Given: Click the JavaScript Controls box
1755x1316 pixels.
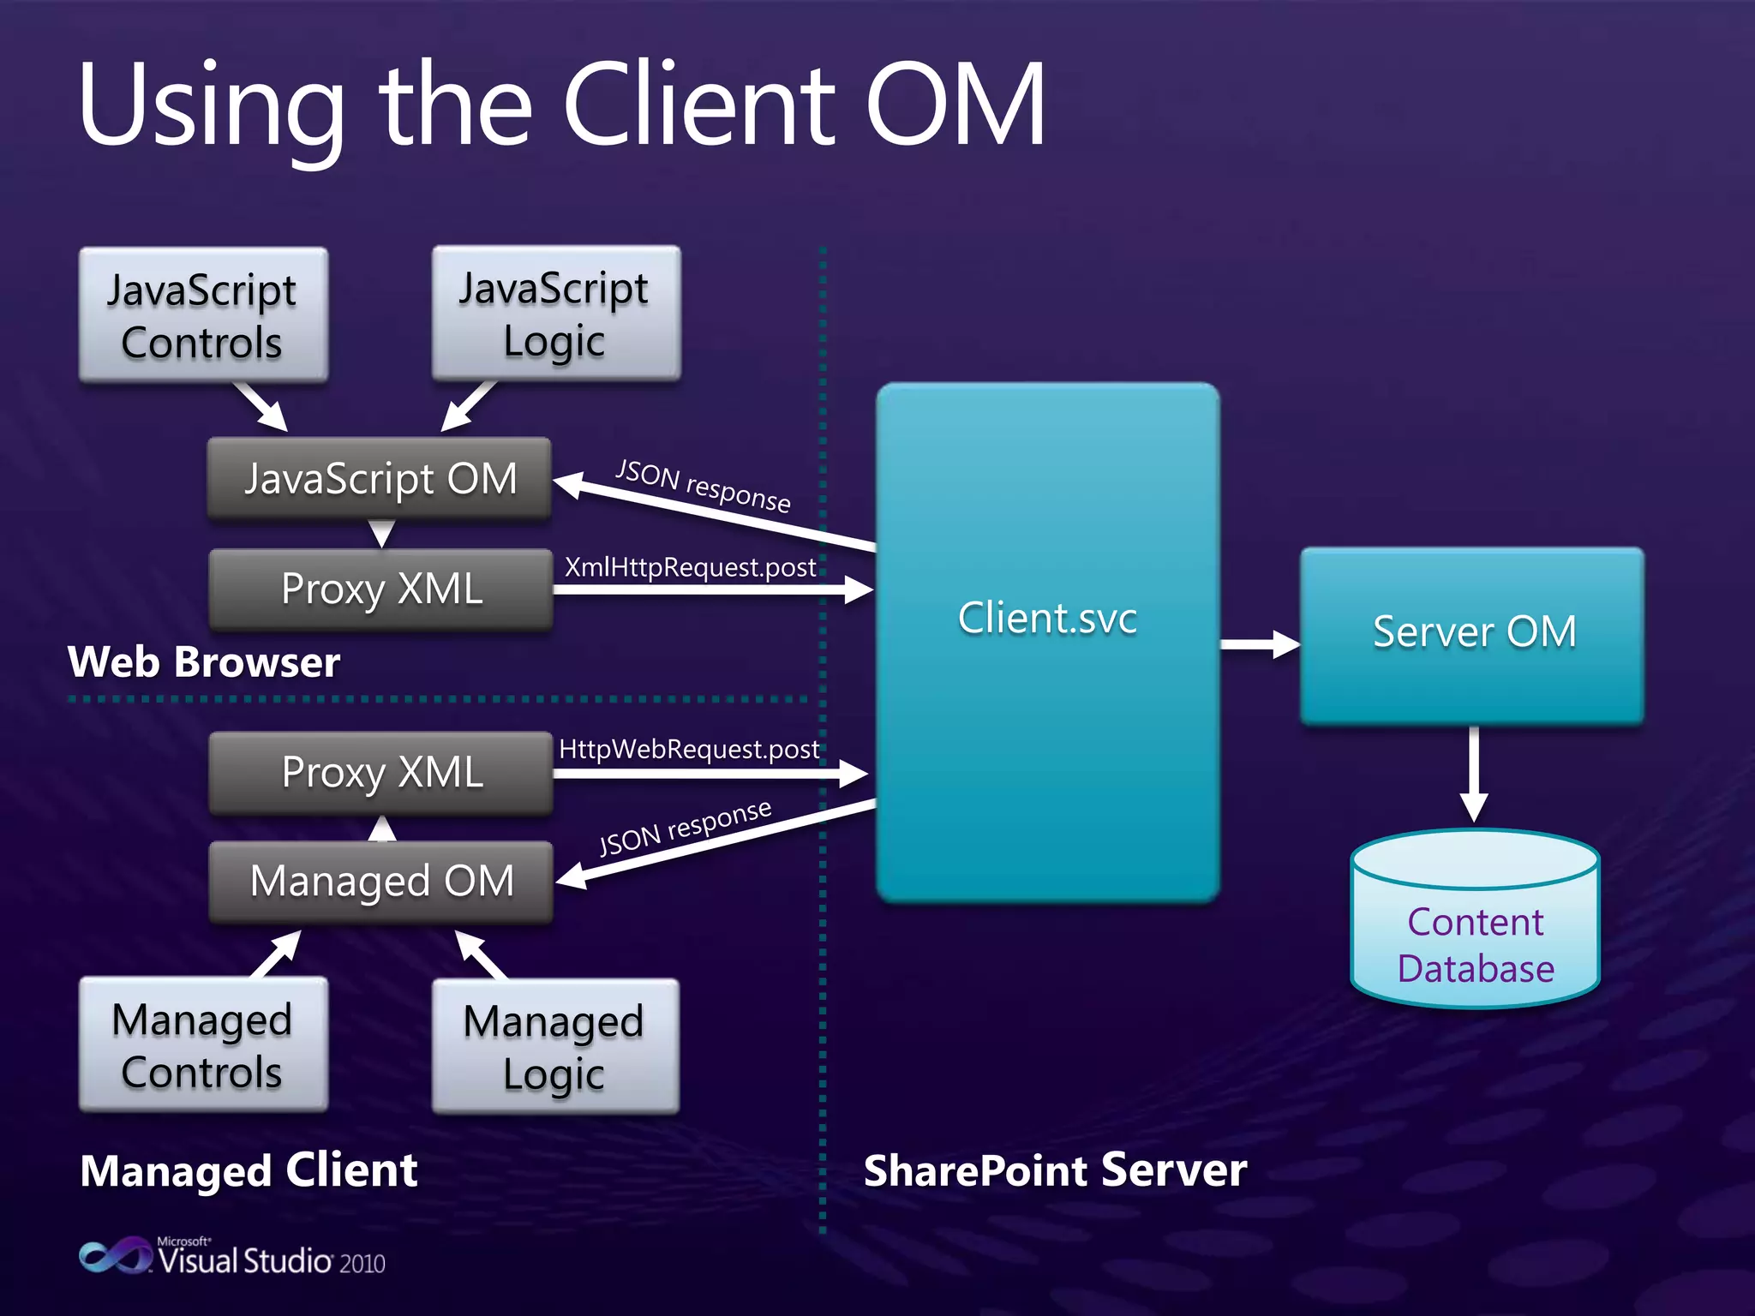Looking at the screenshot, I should [x=203, y=314].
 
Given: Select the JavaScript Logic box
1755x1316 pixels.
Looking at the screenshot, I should [x=556, y=313].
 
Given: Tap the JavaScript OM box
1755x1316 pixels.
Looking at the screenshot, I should [x=380, y=478].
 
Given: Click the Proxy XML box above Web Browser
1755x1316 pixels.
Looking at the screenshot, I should [x=381, y=589].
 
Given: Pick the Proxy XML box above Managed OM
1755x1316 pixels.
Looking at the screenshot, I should [x=381, y=772].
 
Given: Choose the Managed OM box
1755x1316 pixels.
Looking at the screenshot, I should [x=381, y=882].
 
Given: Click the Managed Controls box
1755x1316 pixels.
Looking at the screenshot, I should [x=203, y=1044].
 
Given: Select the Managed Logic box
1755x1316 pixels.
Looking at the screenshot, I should [x=555, y=1046].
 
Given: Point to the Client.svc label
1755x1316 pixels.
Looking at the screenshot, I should [x=1047, y=618].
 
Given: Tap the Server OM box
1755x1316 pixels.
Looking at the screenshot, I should [x=1472, y=635].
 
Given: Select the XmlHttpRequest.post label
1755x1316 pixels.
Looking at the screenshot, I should [x=690, y=567].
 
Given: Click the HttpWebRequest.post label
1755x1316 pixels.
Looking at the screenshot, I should [x=689, y=750].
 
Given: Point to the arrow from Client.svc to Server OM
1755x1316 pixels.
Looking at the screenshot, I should [x=1259, y=644].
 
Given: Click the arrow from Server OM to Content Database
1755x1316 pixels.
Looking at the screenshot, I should [x=1474, y=775].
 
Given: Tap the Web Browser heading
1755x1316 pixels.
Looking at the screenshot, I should [x=204, y=662].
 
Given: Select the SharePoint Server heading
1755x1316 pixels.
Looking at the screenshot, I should [x=1055, y=1170].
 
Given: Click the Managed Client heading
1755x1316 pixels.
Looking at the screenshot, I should [x=249, y=1170].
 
